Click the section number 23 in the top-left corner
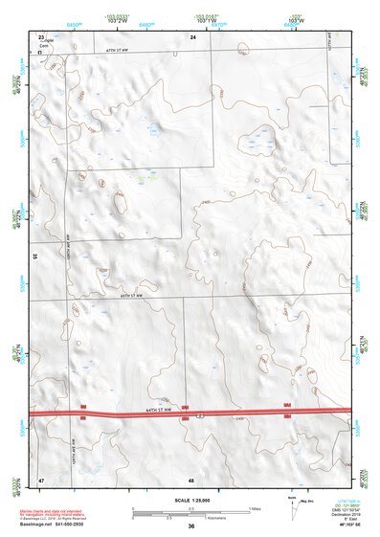pos(41,36)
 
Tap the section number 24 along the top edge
pos(192,36)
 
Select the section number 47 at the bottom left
pos(41,478)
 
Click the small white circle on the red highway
pos(200,414)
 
